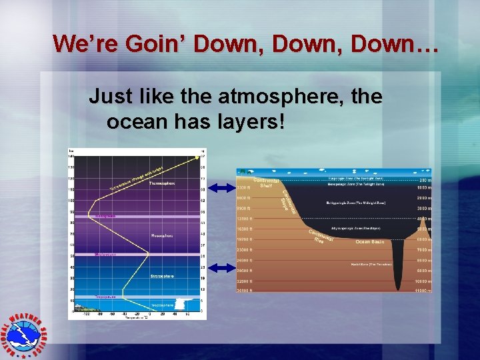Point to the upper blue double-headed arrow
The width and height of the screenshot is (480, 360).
pos(219,186)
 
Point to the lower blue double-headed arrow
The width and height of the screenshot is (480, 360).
pos(219,267)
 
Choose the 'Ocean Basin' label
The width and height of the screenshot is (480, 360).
pos(371,241)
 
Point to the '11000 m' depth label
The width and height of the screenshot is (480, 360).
pos(421,291)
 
